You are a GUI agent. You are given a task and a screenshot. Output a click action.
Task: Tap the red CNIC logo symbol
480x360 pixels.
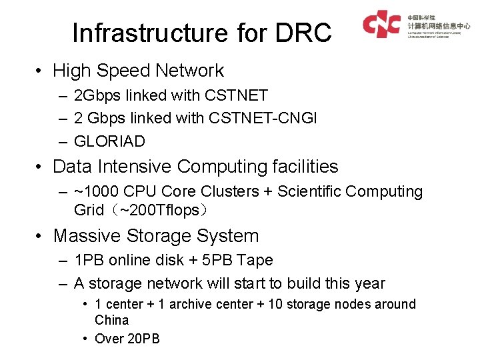pyautogui.click(x=381, y=25)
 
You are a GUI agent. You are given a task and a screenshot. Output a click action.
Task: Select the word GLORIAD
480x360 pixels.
pyautogui.click(x=109, y=141)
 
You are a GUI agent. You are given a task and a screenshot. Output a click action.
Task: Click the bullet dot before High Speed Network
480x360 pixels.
pyautogui.click(x=41, y=71)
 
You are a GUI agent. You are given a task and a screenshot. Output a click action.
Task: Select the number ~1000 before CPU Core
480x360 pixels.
pyautogui.click(x=95, y=192)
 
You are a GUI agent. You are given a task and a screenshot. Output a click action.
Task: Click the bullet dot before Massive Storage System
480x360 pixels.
pyautogui.click(x=41, y=236)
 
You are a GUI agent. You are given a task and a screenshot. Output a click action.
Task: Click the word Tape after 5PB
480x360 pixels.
pyautogui.click(x=255, y=260)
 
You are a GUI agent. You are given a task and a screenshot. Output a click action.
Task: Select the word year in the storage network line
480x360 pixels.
pyautogui.click(x=369, y=283)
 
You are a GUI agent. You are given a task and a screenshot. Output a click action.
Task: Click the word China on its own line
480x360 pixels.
pyautogui.click(x=111, y=320)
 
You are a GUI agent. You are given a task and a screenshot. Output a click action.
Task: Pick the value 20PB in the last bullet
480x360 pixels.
pyautogui.click(x=143, y=339)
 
